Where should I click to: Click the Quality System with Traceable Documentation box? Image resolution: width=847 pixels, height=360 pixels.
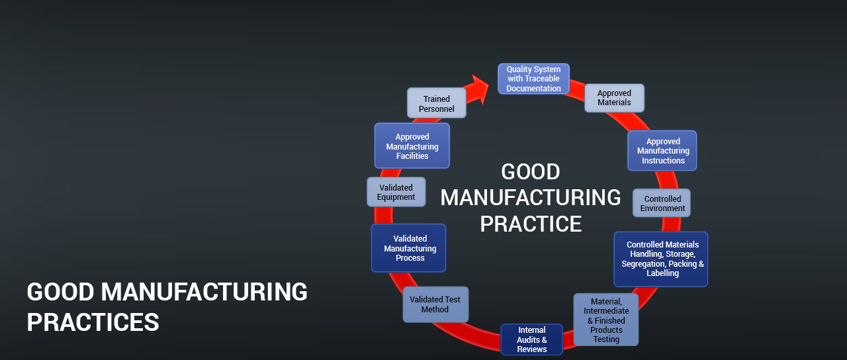pyautogui.click(x=533, y=79)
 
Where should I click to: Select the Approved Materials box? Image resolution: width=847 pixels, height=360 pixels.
pyautogui.click(x=614, y=98)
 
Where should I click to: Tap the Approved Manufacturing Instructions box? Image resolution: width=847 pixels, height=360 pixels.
pyautogui.click(x=662, y=151)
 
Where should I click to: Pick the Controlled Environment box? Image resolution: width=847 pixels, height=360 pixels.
pyautogui.click(x=662, y=203)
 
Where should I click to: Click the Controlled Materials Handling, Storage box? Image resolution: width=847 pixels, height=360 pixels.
pyautogui.click(x=661, y=259)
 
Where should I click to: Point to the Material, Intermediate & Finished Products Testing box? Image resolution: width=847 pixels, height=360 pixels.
pyautogui.click(x=606, y=320)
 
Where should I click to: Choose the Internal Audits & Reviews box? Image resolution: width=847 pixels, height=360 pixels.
pyautogui.click(x=531, y=339)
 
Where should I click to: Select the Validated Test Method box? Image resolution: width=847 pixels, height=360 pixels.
pyautogui.click(x=435, y=304)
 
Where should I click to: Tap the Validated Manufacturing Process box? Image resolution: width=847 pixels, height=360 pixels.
pyautogui.click(x=409, y=248)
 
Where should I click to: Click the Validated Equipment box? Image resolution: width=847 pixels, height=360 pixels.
pyautogui.click(x=396, y=192)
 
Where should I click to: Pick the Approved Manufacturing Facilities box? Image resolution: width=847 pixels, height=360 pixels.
pyautogui.click(x=412, y=146)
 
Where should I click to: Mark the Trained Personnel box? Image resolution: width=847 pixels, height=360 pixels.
pyautogui.click(x=436, y=103)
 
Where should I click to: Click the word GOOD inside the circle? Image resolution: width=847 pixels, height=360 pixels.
pyautogui.click(x=531, y=172)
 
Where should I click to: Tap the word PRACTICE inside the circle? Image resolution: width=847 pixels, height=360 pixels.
pyautogui.click(x=531, y=224)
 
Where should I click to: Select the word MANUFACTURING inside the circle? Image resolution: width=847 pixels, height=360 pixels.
pyautogui.click(x=531, y=198)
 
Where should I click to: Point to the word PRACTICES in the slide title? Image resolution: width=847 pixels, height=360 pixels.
pyautogui.click(x=93, y=322)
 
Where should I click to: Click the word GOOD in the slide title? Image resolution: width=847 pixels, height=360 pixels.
pyautogui.click(x=61, y=292)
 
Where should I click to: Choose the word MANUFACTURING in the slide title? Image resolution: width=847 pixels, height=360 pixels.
pyautogui.click(x=204, y=292)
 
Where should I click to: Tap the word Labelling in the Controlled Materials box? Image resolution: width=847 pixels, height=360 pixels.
pyautogui.click(x=662, y=273)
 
